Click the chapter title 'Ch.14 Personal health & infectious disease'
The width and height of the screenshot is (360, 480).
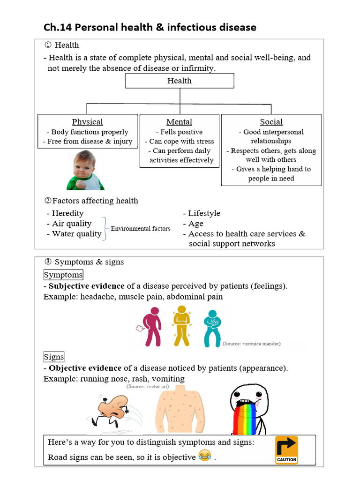[150, 27]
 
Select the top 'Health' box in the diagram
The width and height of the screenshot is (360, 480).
[180, 81]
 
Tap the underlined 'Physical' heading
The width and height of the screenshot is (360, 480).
[87, 122]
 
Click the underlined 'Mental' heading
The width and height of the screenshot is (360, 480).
[179, 122]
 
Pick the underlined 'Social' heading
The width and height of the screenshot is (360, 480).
[271, 122]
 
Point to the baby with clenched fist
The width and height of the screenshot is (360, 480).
[85, 171]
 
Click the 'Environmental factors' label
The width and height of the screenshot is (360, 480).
[140, 229]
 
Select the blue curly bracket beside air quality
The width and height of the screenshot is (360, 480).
[106, 229]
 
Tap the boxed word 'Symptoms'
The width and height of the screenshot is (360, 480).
[63, 275]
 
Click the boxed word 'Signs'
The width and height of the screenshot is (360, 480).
[54, 357]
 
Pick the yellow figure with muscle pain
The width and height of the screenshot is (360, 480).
[181, 325]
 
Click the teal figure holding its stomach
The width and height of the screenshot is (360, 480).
[212, 328]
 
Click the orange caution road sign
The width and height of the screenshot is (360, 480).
[286, 450]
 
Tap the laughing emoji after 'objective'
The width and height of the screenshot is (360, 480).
[204, 455]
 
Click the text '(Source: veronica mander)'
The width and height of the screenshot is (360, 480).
[252, 344]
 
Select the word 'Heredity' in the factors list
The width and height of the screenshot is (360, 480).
[67, 213]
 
